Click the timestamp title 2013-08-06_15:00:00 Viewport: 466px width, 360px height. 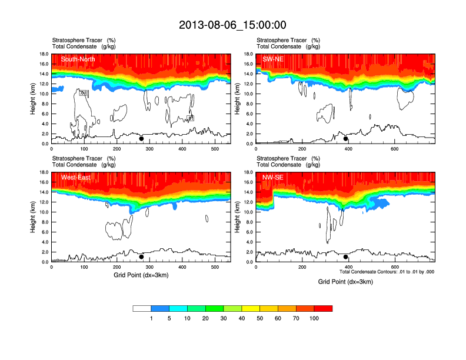tap(232, 25)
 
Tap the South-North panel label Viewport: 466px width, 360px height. tap(78, 59)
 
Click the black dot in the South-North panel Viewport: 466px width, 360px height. tap(141, 139)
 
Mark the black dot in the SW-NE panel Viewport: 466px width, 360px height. tap(346, 139)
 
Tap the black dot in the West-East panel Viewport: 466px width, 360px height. tap(141, 256)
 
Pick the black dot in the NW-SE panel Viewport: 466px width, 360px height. tap(346, 256)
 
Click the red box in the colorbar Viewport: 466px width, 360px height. tap(323, 308)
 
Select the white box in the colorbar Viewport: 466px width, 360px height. tap(142, 308)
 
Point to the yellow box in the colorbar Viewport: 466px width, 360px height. tap(251, 308)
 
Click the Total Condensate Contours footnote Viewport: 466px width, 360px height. tap(387, 272)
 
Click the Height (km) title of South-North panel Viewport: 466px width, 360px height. tap(34, 99)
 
